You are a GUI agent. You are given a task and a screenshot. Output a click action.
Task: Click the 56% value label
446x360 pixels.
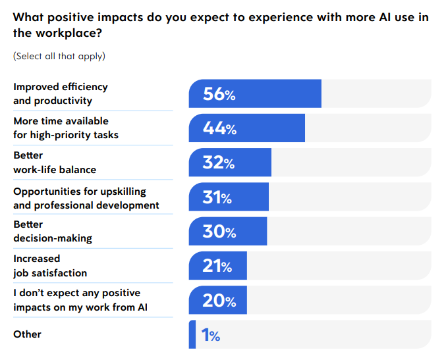tap(219, 94)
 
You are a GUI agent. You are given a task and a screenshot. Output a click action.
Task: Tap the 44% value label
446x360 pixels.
tap(219, 128)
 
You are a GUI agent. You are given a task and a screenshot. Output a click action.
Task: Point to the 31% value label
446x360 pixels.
tap(217, 197)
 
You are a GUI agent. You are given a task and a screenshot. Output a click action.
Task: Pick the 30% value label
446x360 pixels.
tap(219, 231)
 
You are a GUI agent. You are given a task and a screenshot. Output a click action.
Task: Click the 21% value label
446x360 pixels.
tap(217, 266)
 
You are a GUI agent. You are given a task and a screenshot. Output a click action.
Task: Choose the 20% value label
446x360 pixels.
tap(219, 300)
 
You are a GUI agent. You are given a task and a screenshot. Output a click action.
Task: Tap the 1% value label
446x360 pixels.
tap(210, 335)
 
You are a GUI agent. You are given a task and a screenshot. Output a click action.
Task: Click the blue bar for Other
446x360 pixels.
tap(192, 334)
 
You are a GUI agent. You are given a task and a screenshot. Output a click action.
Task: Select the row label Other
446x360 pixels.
tap(27, 334)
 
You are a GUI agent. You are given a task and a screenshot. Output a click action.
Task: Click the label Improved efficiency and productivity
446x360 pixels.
tap(61, 93)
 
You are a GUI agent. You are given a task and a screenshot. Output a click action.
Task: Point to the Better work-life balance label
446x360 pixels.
tap(55, 163)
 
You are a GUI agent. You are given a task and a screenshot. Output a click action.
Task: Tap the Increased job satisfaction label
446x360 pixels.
tap(50, 265)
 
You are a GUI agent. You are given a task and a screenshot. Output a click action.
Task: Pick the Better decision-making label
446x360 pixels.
tap(53, 231)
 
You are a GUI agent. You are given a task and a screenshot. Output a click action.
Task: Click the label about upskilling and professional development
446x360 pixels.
tap(86, 198)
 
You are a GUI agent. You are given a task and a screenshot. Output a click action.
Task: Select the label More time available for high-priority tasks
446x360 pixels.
tap(66, 128)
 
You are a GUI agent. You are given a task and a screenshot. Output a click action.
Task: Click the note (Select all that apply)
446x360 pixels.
tap(59, 56)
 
